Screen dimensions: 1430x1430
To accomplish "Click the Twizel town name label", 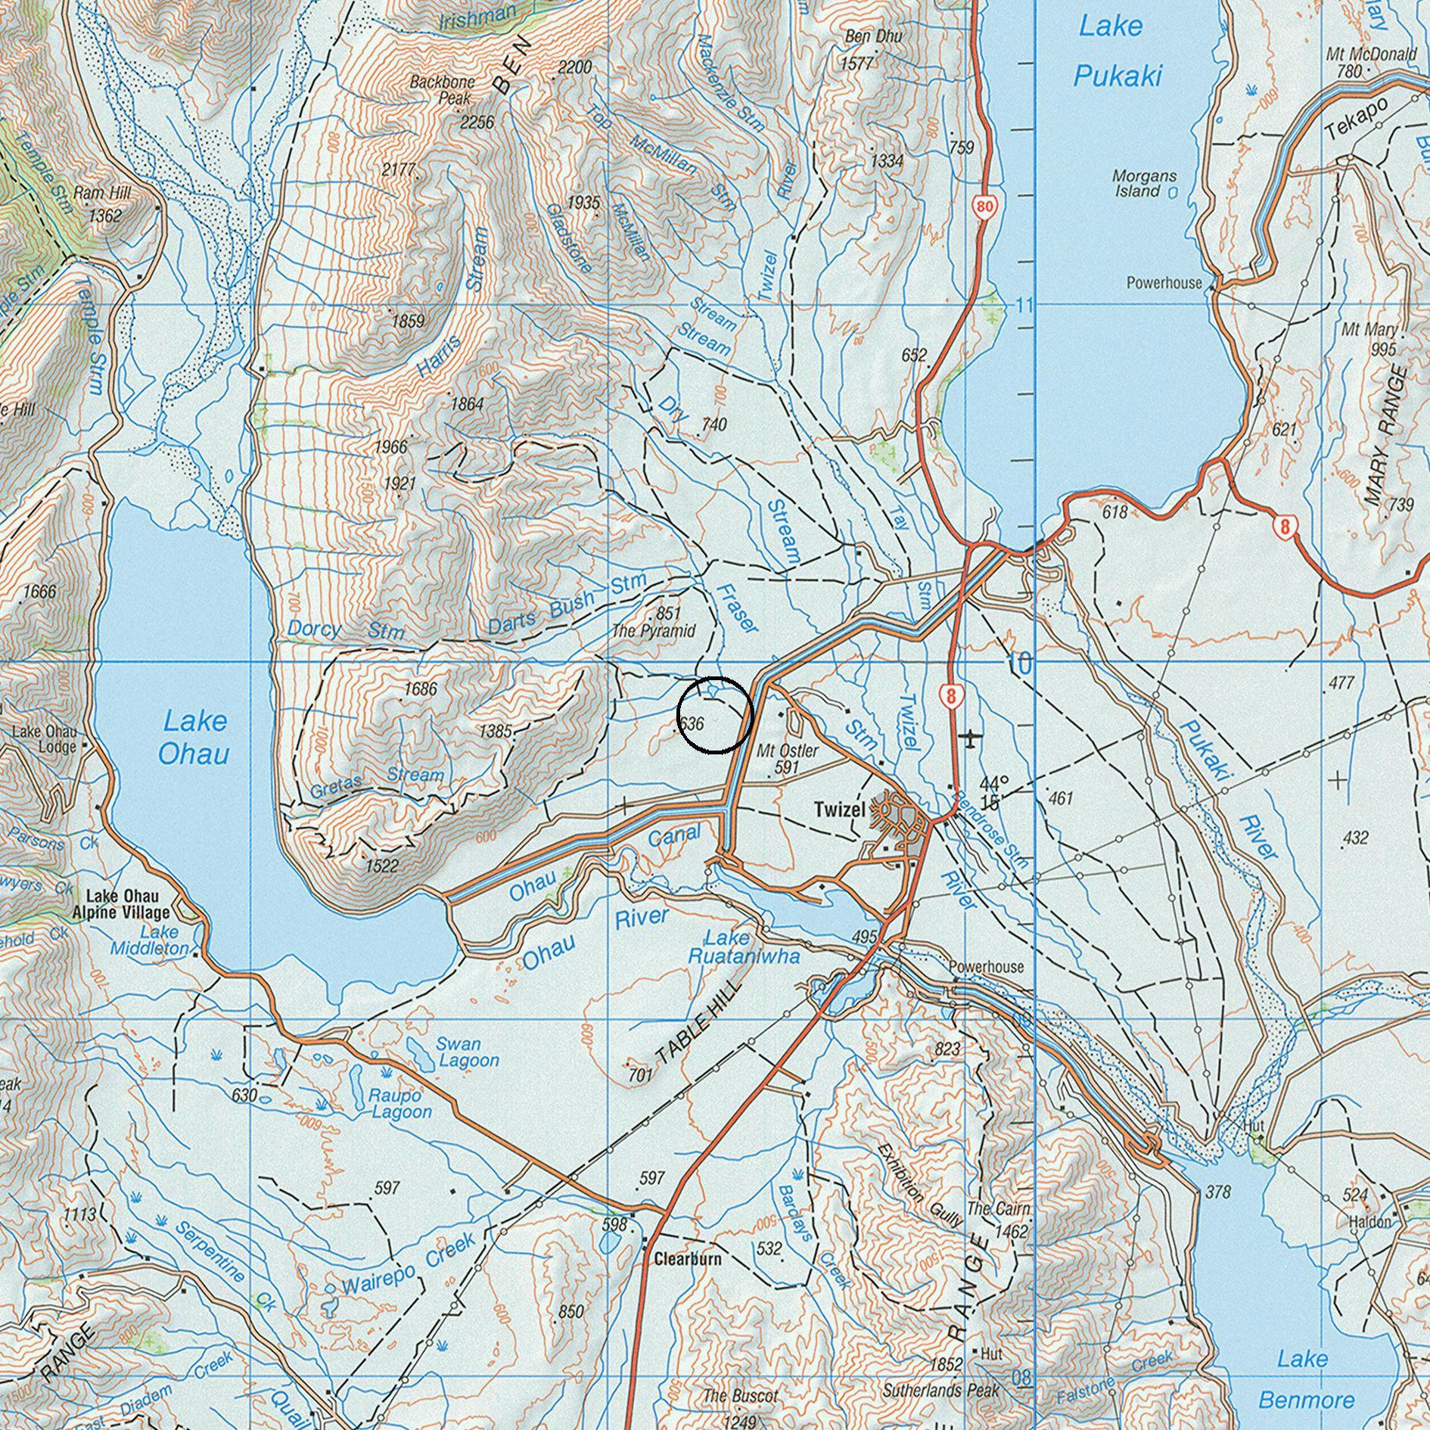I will click(839, 810).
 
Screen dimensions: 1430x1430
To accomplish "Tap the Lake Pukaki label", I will click(1115, 51).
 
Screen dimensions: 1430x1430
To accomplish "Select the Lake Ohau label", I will click(194, 737).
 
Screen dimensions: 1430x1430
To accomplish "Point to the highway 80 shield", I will click(984, 206).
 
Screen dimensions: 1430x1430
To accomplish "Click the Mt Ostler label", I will click(788, 751).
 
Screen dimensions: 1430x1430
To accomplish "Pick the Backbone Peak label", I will click(443, 89).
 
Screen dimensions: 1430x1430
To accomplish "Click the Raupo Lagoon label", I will click(400, 1103).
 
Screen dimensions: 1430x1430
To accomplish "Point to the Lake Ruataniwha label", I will click(743, 947).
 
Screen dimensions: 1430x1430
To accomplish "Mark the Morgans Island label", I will click(1143, 183).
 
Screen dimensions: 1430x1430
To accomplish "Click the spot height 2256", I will click(477, 122).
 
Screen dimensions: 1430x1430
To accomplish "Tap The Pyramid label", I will click(653, 630).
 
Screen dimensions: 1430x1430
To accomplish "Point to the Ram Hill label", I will click(102, 193).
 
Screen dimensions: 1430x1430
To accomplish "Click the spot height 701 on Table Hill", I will click(639, 1073).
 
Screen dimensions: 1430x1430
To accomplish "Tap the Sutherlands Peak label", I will click(940, 1391).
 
